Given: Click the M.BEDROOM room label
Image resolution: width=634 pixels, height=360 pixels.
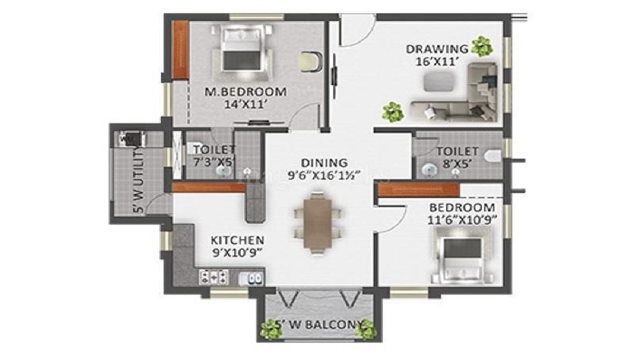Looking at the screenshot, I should click(245, 92).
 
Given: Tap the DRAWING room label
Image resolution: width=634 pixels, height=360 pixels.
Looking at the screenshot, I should click(437, 49).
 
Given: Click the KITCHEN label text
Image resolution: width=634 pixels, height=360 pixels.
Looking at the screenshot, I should click(237, 240).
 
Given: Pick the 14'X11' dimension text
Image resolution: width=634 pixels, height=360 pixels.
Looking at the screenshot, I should click(245, 105).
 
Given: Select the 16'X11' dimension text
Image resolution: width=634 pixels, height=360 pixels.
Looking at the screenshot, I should click(437, 61).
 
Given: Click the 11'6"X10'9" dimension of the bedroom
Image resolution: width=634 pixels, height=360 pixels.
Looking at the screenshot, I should click(463, 220).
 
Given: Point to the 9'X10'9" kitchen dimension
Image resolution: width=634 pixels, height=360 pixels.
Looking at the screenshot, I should click(237, 253).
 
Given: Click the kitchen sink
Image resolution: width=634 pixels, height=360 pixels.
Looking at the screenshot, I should click(253, 277).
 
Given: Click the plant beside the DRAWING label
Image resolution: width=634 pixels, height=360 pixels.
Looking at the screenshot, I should click(482, 46).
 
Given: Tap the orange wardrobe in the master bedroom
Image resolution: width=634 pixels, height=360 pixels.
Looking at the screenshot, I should click(180, 51).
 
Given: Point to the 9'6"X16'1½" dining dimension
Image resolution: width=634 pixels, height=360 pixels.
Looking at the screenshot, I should click(324, 175).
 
